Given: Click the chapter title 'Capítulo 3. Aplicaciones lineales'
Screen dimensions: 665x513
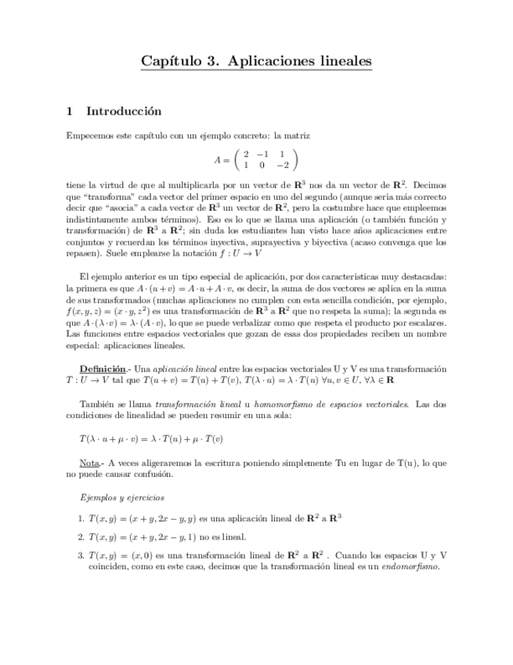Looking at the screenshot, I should tap(256, 60).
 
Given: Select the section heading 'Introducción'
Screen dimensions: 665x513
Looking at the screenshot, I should tap(123, 111).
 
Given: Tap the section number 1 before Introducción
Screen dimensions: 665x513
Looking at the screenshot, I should tap(69, 111).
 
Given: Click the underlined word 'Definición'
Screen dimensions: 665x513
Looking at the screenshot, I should tap(102, 369).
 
